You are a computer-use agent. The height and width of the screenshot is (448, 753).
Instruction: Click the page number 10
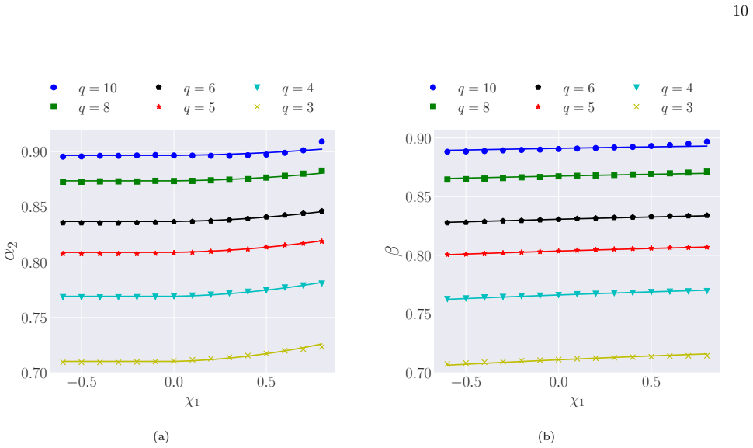coord(740,11)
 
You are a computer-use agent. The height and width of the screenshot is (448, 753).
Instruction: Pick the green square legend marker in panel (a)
coord(54,106)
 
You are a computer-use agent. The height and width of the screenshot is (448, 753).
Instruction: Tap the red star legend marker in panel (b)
coord(538,106)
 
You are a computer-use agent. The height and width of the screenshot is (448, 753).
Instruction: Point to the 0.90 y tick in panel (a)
coord(34,152)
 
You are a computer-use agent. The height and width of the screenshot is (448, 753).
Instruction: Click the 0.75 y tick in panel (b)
coord(418,314)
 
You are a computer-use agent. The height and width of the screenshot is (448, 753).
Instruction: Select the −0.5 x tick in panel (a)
coord(82,382)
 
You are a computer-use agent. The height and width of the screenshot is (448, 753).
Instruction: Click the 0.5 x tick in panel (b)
coord(651,382)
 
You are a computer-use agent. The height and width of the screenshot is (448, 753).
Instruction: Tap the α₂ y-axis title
coord(11,251)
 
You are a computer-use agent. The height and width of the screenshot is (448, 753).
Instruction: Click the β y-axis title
coord(393,251)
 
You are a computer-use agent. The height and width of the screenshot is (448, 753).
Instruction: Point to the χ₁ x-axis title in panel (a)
coord(192,401)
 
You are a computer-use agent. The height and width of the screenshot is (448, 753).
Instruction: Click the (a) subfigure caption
coord(161,436)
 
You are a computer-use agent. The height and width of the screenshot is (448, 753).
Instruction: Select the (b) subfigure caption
coord(547,436)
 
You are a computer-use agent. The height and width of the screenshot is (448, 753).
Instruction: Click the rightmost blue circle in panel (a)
coord(321,141)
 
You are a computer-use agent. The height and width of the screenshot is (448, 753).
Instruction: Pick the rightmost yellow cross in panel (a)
coord(321,347)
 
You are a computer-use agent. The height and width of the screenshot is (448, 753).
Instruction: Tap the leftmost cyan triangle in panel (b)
coord(448,299)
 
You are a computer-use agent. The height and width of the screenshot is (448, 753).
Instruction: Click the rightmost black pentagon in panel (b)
coord(707,216)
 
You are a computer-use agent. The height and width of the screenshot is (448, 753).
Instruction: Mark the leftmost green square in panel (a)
coord(63,182)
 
